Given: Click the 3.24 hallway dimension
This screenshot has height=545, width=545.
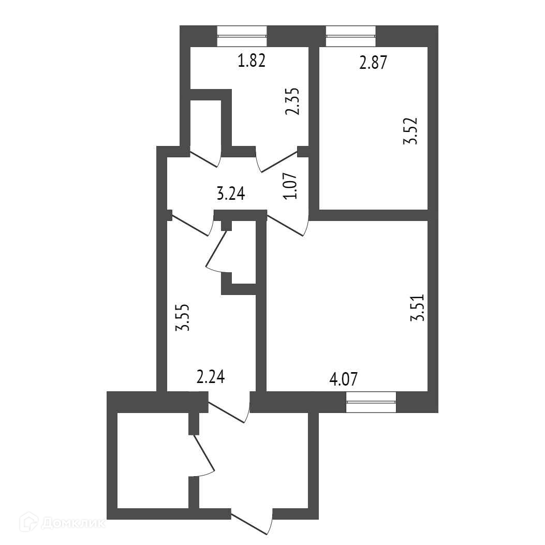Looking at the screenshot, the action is click(230, 194).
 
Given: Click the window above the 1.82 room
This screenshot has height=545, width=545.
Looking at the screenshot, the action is click(242, 36).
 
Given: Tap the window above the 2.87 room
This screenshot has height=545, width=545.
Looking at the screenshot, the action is click(351, 36).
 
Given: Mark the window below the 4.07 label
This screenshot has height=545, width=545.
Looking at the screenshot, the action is click(371, 402).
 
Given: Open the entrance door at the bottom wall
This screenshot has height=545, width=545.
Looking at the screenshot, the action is click(252, 523).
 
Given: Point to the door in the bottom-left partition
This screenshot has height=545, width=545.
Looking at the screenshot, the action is click(203, 456).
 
